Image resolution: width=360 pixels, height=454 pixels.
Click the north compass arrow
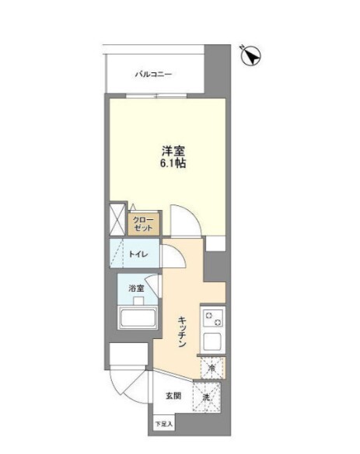point(251,56)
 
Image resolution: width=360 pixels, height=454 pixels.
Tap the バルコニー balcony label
point(153,75)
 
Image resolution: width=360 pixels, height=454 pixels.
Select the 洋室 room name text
point(173,151)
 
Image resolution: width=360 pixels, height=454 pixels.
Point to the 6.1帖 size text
point(173,163)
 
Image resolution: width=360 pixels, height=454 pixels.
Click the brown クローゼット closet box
point(144,225)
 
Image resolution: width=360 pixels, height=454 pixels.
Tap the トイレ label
point(138,254)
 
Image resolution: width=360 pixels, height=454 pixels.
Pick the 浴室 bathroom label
point(136,288)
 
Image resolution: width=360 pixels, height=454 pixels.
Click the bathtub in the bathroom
point(138,318)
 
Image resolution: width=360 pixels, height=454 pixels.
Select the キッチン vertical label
point(182,332)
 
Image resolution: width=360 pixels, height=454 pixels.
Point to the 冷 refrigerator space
point(212,368)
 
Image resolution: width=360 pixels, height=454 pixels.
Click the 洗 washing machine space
point(207,397)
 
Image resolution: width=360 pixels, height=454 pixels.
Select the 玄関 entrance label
point(173,396)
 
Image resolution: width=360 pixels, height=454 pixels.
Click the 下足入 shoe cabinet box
point(164,424)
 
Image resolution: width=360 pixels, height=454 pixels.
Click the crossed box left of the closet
point(117,219)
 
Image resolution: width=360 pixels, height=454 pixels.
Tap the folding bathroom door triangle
point(153,285)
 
